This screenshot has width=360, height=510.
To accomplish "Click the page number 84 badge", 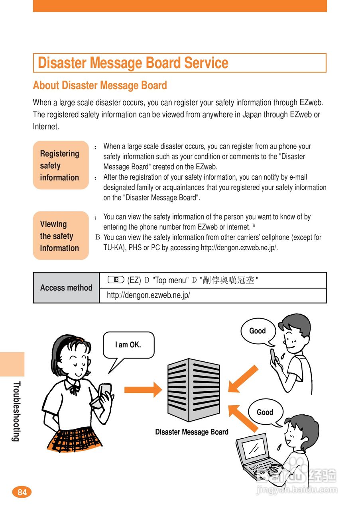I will tap(22, 492).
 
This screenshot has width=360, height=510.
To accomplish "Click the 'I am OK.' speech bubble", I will tap(128, 345).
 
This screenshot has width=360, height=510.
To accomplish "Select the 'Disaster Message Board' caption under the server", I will tap(192, 432).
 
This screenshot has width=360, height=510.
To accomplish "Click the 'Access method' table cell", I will tap(66, 288).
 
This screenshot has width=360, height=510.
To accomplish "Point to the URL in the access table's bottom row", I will tap(148, 296).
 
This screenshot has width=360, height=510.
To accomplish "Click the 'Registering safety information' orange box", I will tap(61, 165).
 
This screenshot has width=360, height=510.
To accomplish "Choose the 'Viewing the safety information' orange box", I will tap(61, 236).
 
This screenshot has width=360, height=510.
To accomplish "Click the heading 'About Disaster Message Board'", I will tap(100, 86).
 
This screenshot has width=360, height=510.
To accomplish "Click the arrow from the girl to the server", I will tap(143, 389).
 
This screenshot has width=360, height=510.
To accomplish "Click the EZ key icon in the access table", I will tap(116, 280).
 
